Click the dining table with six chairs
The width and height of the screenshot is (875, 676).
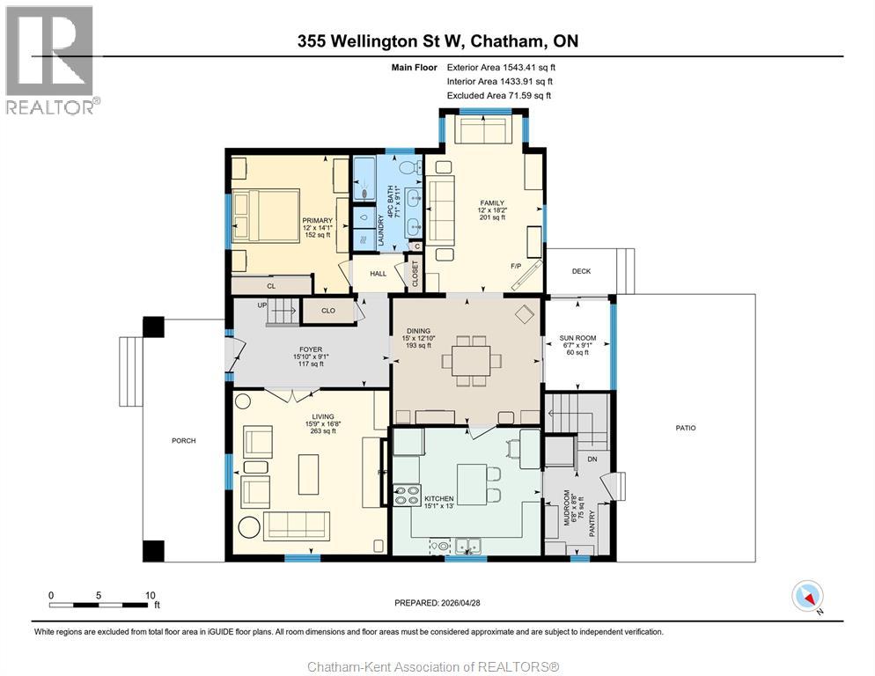click(470, 360)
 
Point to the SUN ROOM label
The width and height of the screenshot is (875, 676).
click(577, 338)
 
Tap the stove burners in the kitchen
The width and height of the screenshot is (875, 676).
click(407, 496)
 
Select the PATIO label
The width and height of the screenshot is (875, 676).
click(685, 428)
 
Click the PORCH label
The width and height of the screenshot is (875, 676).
click(184, 440)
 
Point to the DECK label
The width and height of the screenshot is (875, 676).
click(581, 271)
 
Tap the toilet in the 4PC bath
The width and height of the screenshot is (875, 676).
click(408, 166)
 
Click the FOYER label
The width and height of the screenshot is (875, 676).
click(310, 349)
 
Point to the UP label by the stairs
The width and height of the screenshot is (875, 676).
click(261, 305)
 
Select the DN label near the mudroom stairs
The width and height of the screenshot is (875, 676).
click(592, 459)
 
